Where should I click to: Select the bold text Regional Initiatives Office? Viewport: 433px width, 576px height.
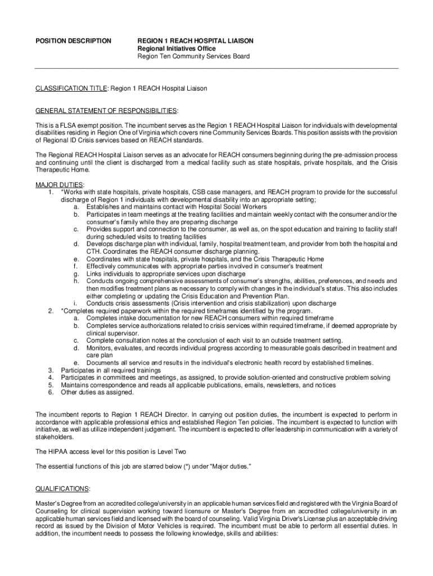coord(177,49)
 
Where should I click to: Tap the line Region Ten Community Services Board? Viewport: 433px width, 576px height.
coord(194,57)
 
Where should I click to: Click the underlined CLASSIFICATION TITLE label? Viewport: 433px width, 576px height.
coord(71,89)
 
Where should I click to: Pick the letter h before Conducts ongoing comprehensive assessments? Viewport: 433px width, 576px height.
coord(75,281)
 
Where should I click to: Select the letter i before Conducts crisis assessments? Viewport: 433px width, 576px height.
coord(75,303)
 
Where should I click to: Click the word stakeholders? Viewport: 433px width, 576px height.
coord(54,436)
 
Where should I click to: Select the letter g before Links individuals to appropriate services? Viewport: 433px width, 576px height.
coord(75,273)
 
